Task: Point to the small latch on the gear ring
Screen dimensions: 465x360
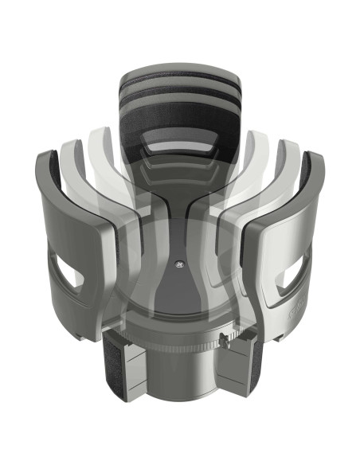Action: (x=226, y=344)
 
